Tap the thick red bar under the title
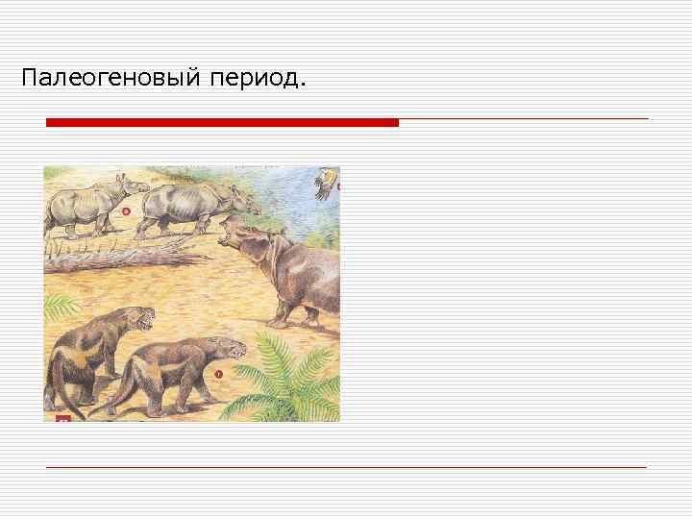(x=221, y=123)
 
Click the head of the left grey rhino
(x=121, y=188)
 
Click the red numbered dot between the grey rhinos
(x=126, y=210)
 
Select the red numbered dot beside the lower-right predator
(x=218, y=373)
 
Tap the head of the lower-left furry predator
(x=137, y=318)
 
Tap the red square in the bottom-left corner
(x=63, y=418)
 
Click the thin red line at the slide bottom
(x=346, y=467)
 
